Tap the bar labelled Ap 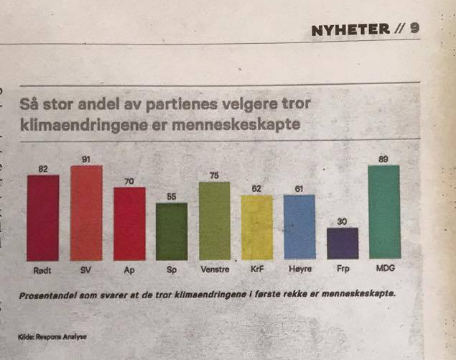pos(129,223)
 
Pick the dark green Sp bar pos(172,231)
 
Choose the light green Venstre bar pos(214,221)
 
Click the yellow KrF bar pos(256,227)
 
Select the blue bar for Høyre pos(299,227)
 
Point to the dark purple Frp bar pos(343,243)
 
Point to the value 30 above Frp pos(342,221)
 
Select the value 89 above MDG pos(383,159)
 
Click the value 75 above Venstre pos(214,175)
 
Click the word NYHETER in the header pos(350,29)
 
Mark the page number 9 pos(414,29)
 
